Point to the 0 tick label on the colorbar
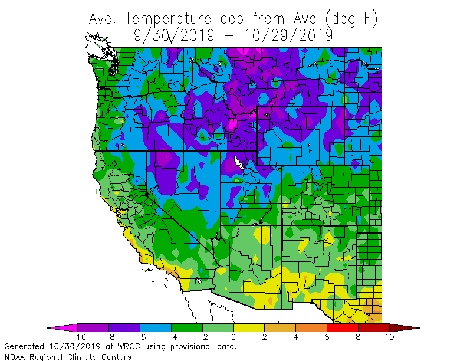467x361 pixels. click(x=233, y=337)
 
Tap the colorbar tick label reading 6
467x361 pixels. click(x=327, y=337)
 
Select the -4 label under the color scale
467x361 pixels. click(x=171, y=337)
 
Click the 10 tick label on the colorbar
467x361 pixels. click(x=389, y=337)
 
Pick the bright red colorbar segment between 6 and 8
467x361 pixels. click(x=343, y=327)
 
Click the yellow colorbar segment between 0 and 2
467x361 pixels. click(x=249, y=327)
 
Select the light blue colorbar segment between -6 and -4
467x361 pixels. click(x=155, y=327)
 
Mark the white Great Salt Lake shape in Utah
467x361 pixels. click(x=238, y=162)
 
